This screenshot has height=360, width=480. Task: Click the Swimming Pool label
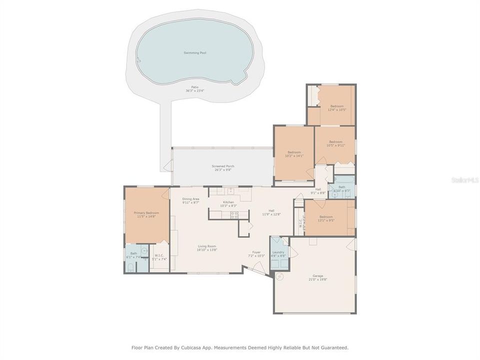[194, 52]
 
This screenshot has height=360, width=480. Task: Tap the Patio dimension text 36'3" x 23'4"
[194, 90]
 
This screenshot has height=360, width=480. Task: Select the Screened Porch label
[223, 166]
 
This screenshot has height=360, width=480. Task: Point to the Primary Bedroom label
[146, 213]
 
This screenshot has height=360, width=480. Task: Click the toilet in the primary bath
[130, 267]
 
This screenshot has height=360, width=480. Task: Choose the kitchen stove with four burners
[233, 215]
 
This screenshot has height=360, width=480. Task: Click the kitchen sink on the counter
[230, 190]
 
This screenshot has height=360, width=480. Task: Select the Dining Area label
[190, 199]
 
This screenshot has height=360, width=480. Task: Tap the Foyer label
[256, 252]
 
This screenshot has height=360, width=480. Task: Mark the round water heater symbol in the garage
[279, 276]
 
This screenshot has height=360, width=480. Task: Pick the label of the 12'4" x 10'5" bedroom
[336, 106]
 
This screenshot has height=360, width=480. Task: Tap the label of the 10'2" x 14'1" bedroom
[294, 152]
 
